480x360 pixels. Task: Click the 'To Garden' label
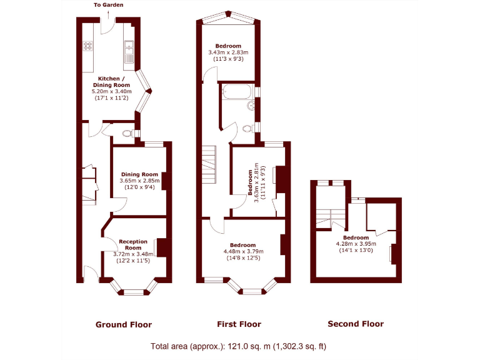tap(108, 4)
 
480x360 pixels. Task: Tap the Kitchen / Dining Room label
tap(111, 81)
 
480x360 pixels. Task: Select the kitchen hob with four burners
tap(88, 46)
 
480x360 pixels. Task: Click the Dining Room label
tap(139, 174)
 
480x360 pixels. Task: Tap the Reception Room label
tap(132, 244)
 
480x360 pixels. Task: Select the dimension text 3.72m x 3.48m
tap(132, 254)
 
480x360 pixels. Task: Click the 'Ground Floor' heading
tap(123, 324)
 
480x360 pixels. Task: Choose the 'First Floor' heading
tap(239, 324)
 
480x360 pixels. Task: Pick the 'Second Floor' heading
tap(356, 324)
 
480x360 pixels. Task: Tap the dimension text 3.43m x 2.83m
tap(229, 52)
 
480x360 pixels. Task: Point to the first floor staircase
tap(209, 164)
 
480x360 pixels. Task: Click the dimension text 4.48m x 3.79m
tap(242, 251)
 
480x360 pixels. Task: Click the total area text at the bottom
tap(238, 346)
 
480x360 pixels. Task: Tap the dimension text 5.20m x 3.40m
tap(112, 91)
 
